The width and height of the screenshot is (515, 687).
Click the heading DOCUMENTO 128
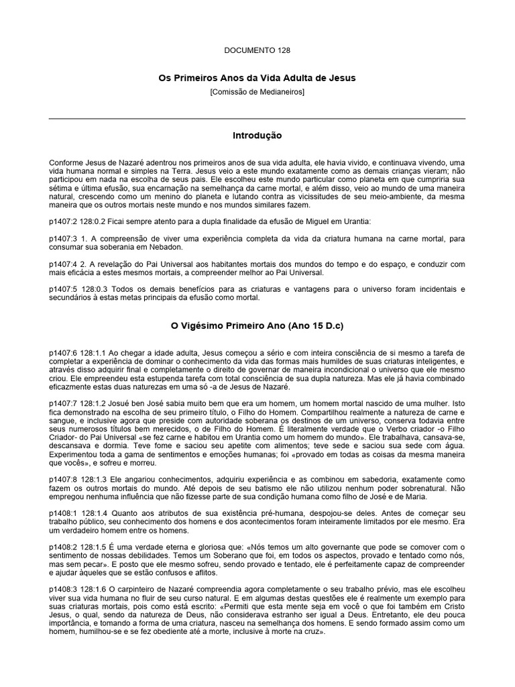click(x=257, y=50)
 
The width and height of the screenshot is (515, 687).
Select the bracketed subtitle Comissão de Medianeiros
click(x=257, y=91)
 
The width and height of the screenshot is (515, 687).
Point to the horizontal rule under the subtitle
click(x=257, y=119)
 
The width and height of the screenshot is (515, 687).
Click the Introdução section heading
click(x=257, y=136)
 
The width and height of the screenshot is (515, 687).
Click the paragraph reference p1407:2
click(x=63, y=221)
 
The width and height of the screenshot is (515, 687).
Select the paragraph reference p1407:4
click(x=63, y=264)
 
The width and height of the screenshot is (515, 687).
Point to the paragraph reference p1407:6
click(x=63, y=353)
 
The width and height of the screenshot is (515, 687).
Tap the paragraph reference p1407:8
click(x=63, y=480)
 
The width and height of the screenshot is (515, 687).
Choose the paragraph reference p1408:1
click(x=63, y=513)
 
